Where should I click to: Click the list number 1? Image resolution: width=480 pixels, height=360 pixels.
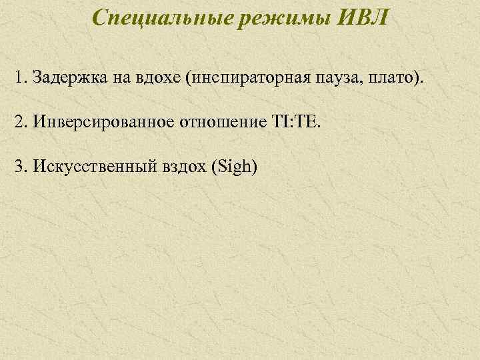tap(17, 80)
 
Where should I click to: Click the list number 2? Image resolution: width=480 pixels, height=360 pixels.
tap(17, 123)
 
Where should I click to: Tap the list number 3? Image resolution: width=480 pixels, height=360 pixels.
tap(17, 165)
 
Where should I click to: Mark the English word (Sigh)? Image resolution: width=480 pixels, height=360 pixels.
tap(233, 166)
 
